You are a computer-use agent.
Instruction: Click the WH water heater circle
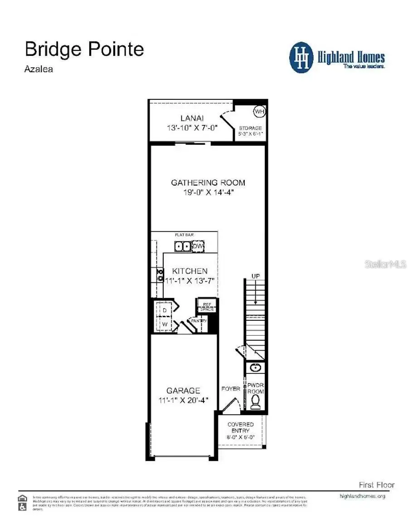(259, 111)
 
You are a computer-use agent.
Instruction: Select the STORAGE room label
(251, 128)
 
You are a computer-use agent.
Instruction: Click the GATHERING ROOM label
(208, 183)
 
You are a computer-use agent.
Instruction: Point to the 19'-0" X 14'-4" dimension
(208, 192)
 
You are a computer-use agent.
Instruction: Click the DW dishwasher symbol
(198, 246)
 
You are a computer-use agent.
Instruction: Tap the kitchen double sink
(183, 246)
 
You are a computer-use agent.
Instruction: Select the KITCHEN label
(190, 271)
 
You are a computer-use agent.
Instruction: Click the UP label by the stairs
(255, 276)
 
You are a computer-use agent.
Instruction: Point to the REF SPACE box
(207, 307)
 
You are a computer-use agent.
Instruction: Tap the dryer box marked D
(165, 310)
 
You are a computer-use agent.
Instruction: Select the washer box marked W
(165, 324)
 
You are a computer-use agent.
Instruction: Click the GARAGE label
(183, 391)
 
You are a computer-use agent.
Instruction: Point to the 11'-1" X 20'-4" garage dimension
(186, 400)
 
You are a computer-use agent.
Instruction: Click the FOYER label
(231, 389)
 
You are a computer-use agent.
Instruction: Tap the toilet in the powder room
(255, 401)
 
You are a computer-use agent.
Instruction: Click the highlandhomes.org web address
(362, 496)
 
